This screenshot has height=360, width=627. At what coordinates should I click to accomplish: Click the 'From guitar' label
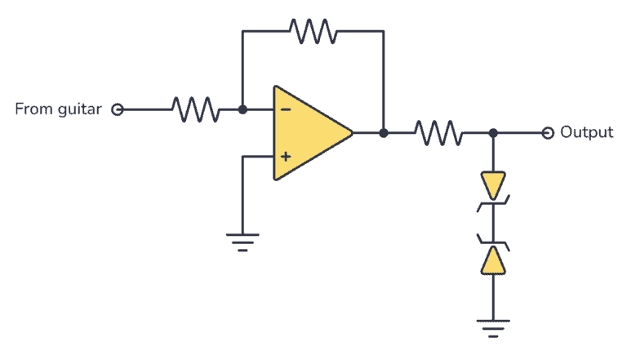58,109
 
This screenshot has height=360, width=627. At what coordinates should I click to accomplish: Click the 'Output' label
586,132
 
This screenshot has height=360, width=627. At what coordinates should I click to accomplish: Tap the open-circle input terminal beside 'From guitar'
117,109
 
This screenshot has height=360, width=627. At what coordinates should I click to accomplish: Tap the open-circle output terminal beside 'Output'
548,132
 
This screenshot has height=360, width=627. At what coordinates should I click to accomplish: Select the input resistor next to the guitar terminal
194,109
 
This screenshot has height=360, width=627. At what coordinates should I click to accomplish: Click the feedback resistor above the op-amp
313,31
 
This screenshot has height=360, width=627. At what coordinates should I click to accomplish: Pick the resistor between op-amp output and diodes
438,132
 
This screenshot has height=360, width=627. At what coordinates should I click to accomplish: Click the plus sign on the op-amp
284,154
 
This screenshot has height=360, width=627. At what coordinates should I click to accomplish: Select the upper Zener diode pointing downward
493,184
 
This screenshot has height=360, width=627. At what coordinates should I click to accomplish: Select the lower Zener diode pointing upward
493,259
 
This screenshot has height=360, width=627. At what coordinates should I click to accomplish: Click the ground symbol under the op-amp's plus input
242,240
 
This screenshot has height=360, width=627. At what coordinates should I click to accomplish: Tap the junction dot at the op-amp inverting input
242,109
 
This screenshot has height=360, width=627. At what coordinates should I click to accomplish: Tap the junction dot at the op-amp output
383,132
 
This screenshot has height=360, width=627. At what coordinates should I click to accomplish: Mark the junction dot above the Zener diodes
493,132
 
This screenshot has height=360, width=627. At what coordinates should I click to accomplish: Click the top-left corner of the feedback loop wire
242,31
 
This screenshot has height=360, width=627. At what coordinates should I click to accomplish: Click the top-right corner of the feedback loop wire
383,31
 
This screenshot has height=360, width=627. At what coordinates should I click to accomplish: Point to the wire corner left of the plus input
242,154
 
